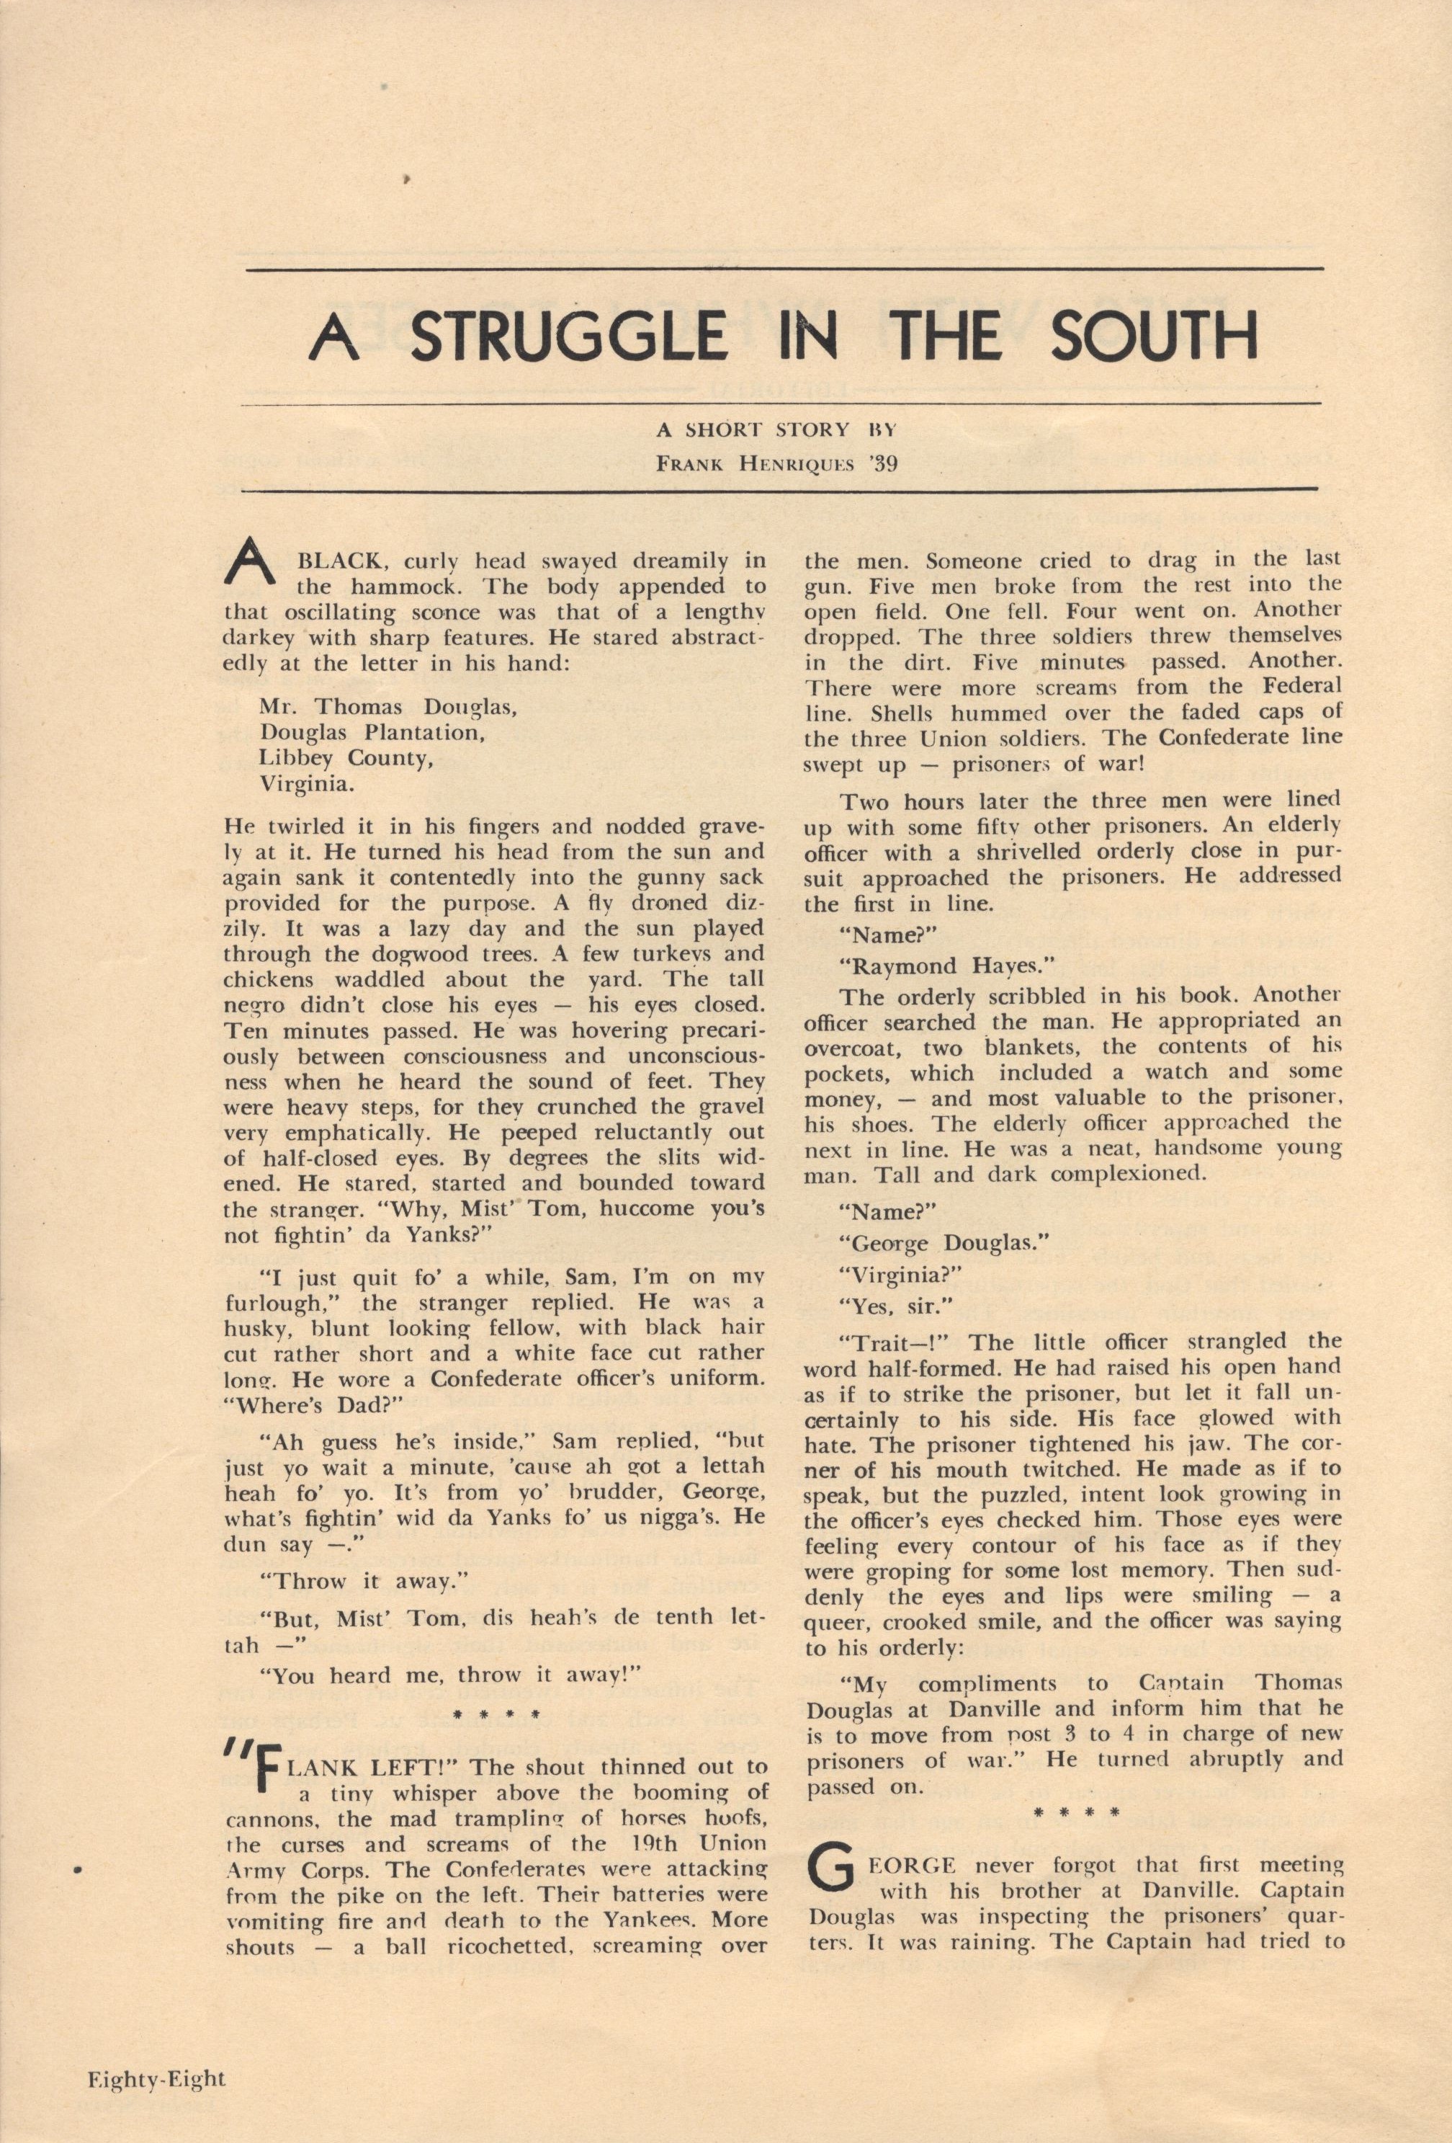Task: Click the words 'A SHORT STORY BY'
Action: pyautogui.click(x=776, y=429)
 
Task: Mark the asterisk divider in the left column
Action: pyautogui.click(x=496, y=1716)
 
